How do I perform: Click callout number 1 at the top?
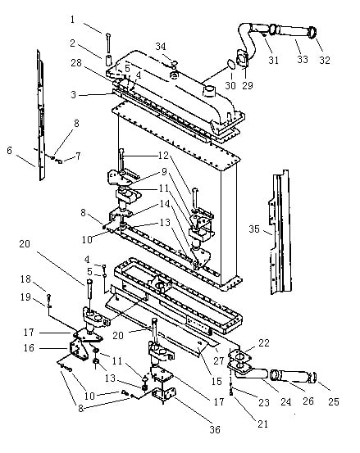pyautogui.click(x=72, y=20)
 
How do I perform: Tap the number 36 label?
pyautogui.click(x=215, y=430)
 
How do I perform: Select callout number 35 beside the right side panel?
pyautogui.click(x=254, y=229)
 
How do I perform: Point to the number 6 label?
pyautogui.click(x=10, y=150)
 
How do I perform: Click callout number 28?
pyautogui.click(x=76, y=63)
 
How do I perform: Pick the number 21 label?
pyautogui.click(x=263, y=424)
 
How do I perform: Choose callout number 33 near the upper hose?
pyautogui.click(x=303, y=59)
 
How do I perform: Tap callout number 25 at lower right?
pyautogui.click(x=334, y=401)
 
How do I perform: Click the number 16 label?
pyautogui.click(x=29, y=348)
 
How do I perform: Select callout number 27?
pyautogui.click(x=219, y=360)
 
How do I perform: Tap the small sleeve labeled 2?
pyautogui.click(x=109, y=60)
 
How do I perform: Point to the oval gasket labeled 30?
pyautogui.click(x=230, y=64)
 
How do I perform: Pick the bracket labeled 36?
pyautogui.click(x=164, y=394)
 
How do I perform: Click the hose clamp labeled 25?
pyautogui.click(x=312, y=378)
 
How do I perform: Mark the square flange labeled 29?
pyautogui.click(x=242, y=60)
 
